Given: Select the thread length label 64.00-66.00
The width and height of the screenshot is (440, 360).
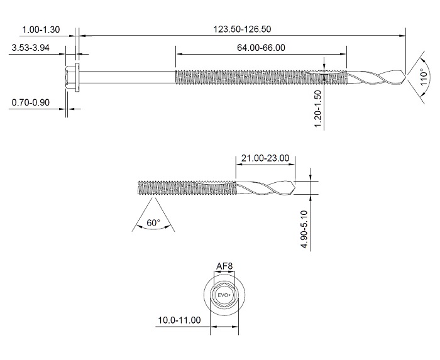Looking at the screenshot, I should [x=261, y=48].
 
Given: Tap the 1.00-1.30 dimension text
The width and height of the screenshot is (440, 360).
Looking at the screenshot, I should [x=41, y=30].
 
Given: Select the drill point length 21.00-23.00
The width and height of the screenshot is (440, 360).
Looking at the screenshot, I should [x=264, y=158].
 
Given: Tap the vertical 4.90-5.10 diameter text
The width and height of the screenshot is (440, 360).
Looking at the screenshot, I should [x=305, y=230].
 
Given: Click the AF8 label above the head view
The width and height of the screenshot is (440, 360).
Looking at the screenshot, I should [x=224, y=266].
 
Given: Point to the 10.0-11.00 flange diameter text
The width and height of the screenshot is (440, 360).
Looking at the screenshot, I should [x=179, y=320].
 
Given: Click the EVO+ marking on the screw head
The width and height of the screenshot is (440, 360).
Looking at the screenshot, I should [x=224, y=295].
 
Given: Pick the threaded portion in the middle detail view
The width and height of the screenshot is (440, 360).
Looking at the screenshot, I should [x=185, y=187].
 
